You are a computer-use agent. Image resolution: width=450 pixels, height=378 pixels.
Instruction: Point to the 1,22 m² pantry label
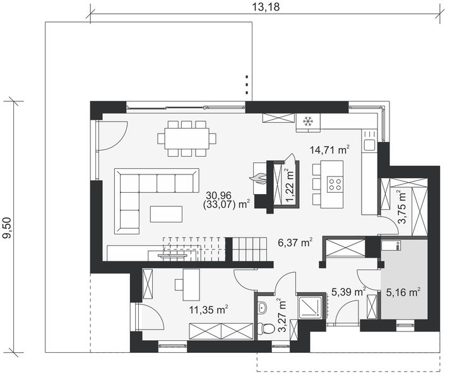coord(289,184)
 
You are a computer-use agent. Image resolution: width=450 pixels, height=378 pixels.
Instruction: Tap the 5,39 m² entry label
coord(348,292)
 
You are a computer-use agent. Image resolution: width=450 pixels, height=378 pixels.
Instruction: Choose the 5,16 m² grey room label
coord(403,292)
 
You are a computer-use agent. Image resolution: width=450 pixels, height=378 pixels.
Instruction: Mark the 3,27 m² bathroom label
coord(282,313)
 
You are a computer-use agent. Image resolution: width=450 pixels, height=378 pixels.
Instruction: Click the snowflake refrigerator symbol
coord(309,121)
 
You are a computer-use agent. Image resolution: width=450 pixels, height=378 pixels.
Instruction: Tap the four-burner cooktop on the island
coord(336,185)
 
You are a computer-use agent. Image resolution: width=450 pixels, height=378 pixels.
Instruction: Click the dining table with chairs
coord(187,137)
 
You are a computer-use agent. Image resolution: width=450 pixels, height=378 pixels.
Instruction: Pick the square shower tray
coord(309,307)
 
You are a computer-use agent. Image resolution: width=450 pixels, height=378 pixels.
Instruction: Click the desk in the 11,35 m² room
coord(191,283)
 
